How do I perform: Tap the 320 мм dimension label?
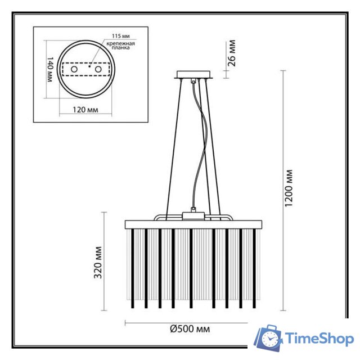(x=100, y=263)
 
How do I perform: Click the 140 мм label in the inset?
(x=49, y=70)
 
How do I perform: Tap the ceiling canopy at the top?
(x=193, y=75)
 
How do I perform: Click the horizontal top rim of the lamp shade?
(x=194, y=224)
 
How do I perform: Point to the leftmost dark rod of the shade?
(x=132, y=267)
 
